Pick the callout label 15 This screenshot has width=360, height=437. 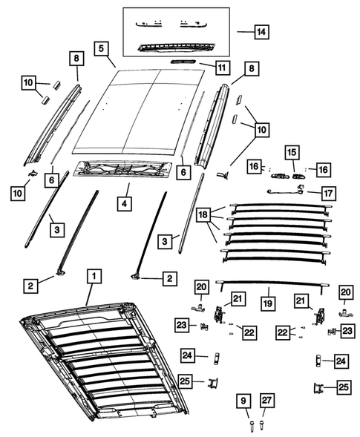(x=292, y=154)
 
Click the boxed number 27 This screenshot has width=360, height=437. (x=266, y=403)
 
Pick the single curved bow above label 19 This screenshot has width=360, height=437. (x=275, y=283)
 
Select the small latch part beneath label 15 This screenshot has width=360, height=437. (x=287, y=176)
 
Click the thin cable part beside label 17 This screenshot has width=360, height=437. (x=286, y=191)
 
